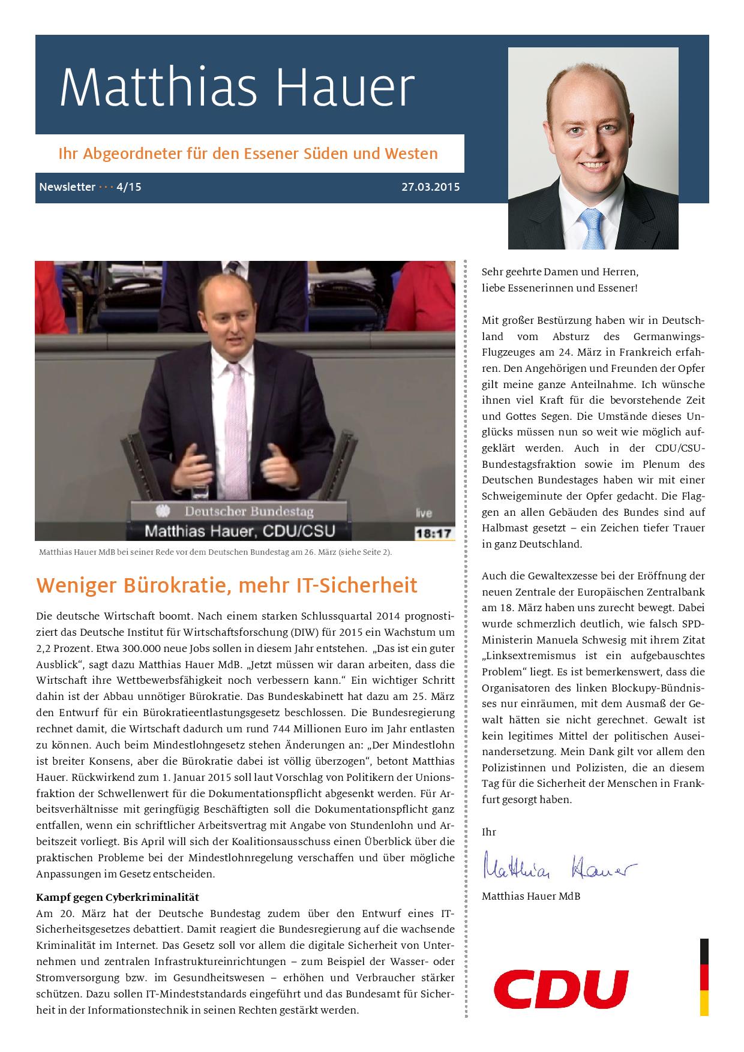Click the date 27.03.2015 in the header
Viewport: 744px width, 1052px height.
430,187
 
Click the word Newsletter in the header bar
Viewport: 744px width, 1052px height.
67,187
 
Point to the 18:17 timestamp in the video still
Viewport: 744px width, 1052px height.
434,533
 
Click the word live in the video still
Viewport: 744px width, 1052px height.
424,513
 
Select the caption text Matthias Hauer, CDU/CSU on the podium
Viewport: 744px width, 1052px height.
240,530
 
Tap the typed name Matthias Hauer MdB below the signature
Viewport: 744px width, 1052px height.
530,896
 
